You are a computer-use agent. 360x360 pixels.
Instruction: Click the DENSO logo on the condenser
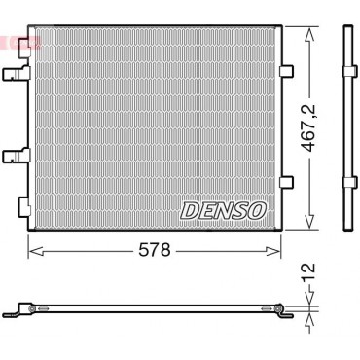pyautogui.click(x=223, y=211)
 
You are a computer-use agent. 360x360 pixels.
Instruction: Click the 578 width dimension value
pyautogui.click(x=155, y=250)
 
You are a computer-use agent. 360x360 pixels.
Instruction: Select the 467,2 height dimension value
pyautogui.click(x=308, y=128)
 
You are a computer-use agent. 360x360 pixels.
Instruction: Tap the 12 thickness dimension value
pyautogui.click(x=308, y=272)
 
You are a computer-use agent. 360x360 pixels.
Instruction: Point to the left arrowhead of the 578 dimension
pyautogui.click(x=36, y=251)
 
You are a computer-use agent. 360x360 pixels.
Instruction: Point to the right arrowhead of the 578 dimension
pyautogui.click(x=272, y=251)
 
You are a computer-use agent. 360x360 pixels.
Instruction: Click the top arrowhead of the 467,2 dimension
pyautogui.click(x=309, y=35)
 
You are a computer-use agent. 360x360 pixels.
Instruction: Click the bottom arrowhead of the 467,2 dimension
pyautogui.click(x=309, y=221)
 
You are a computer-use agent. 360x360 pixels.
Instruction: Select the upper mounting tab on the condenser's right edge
pyautogui.click(x=286, y=71)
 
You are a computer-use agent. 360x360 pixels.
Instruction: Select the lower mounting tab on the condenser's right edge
pyautogui.click(x=286, y=182)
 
